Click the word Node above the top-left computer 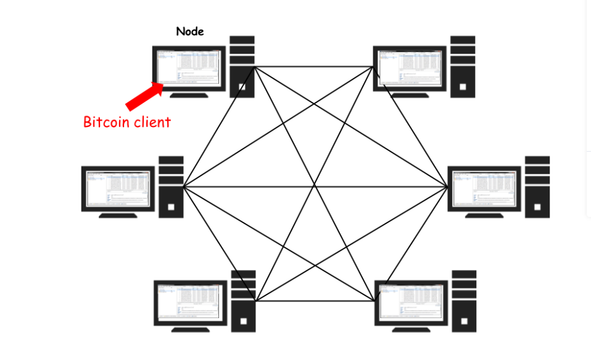tap(190, 31)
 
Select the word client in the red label tap(151, 122)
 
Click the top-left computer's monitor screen tap(189, 68)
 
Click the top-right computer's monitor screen tap(410, 68)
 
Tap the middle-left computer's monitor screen tap(118, 188)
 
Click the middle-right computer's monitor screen tap(484, 188)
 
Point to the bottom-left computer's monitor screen tap(189, 303)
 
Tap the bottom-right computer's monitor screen tap(410, 303)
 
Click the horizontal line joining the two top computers tap(315, 67)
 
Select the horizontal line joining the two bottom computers tap(315, 301)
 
